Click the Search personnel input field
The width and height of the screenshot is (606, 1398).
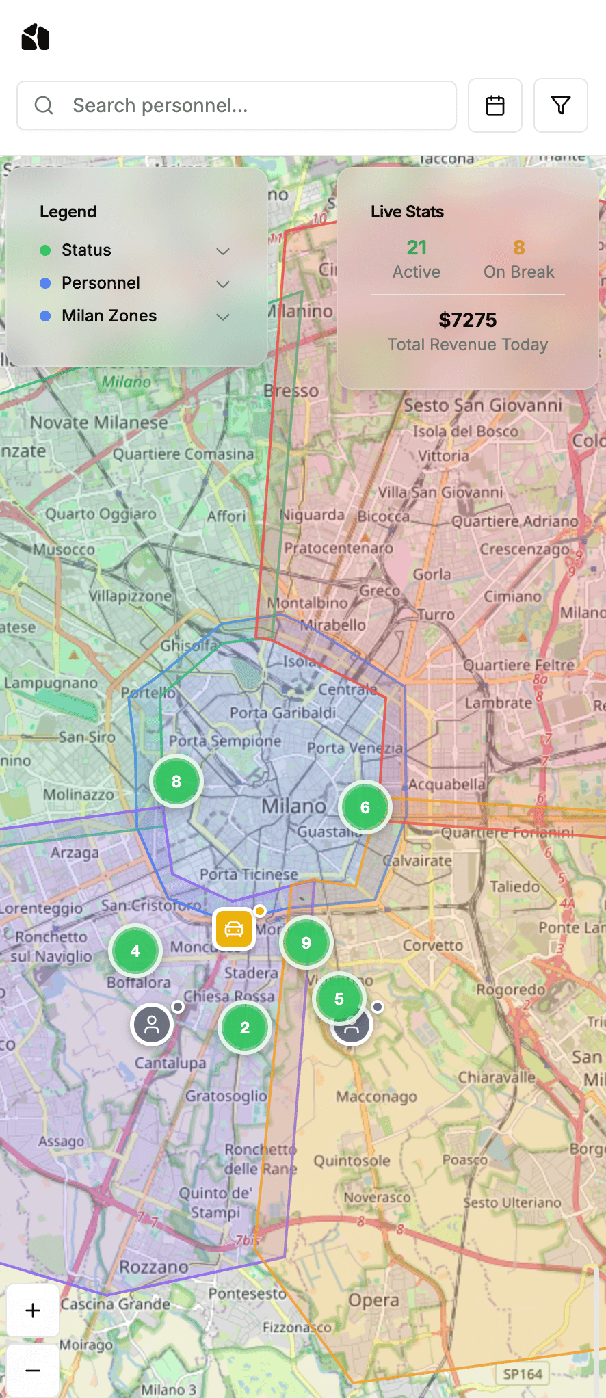click(x=236, y=105)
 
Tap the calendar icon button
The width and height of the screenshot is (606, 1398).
click(x=495, y=105)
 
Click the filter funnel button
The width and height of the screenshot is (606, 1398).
click(x=560, y=105)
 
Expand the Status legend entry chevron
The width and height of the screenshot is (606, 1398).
click(x=222, y=251)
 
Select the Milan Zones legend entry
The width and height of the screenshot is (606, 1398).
click(x=109, y=316)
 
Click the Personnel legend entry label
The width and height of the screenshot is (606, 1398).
click(x=101, y=283)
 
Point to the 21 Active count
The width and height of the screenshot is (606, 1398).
click(x=417, y=248)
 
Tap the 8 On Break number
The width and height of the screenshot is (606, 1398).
click(x=519, y=248)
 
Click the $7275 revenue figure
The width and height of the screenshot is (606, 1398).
click(x=468, y=320)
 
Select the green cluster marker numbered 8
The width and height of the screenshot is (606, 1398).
click(x=176, y=781)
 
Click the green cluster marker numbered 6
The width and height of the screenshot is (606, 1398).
click(x=365, y=807)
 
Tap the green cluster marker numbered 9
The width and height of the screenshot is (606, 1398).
click(x=306, y=943)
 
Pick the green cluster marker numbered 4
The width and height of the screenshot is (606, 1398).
click(x=135, y=951)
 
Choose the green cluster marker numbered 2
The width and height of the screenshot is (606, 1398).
click(x=245, y=1027)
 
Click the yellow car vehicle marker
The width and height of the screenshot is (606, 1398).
click(x=234, y=929)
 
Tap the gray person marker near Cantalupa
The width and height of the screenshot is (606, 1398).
click(x=152, y=1024)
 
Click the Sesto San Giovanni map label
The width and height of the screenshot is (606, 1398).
click(x=482, y=406)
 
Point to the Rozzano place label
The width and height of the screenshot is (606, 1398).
click(x=153, y=1267)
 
